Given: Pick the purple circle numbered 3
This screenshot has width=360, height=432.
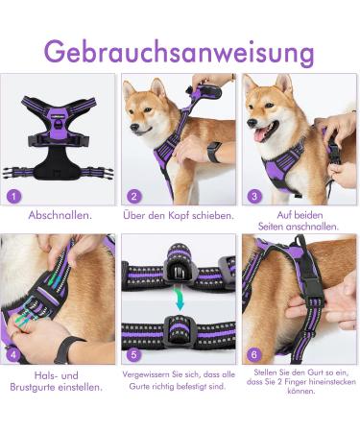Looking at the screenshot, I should [x=255, y=197].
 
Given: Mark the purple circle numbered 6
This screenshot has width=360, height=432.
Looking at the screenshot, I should [x=255, y=354].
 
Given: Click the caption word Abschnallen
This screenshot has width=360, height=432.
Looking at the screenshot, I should [x=60, y=215].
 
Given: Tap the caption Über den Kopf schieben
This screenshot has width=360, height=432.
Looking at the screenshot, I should [x=180, y=215].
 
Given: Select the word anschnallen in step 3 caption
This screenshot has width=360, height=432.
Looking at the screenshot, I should [x=300, y=227].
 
